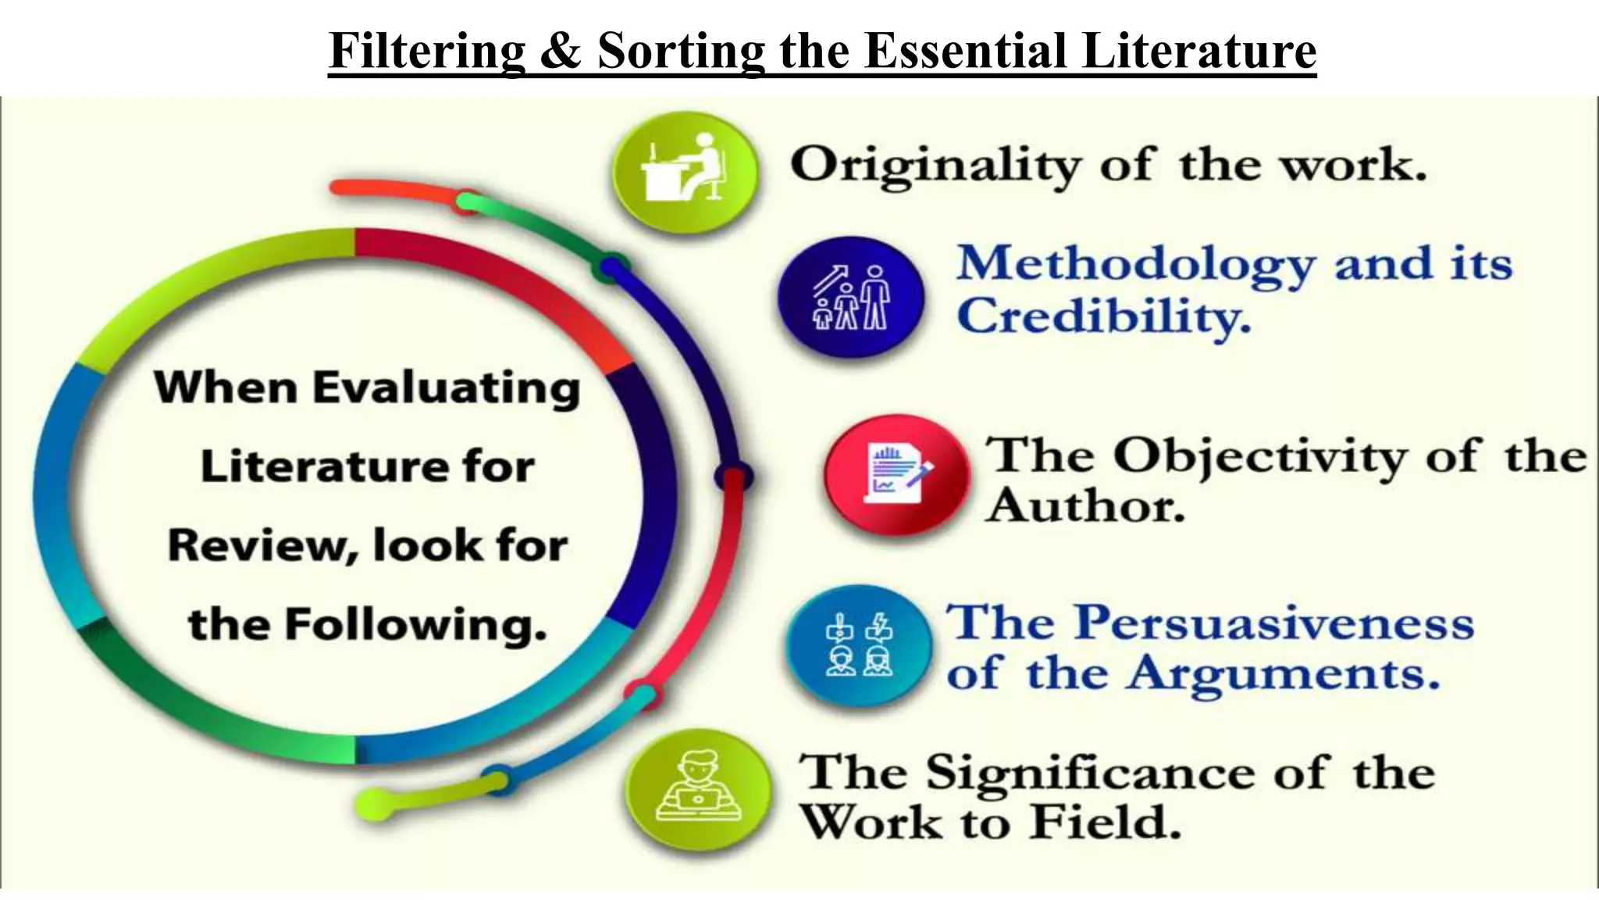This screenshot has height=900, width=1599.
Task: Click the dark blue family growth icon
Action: [850, 298]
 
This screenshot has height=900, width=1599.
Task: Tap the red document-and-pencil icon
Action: [897, 474]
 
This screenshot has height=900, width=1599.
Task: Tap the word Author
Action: [1085, 506]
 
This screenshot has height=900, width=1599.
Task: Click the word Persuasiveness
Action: [1274, 623]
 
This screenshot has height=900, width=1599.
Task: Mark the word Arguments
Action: [1282, 673]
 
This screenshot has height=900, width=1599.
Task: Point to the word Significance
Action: [1089, 773]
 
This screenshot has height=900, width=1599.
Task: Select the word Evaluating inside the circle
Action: [447, 388]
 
